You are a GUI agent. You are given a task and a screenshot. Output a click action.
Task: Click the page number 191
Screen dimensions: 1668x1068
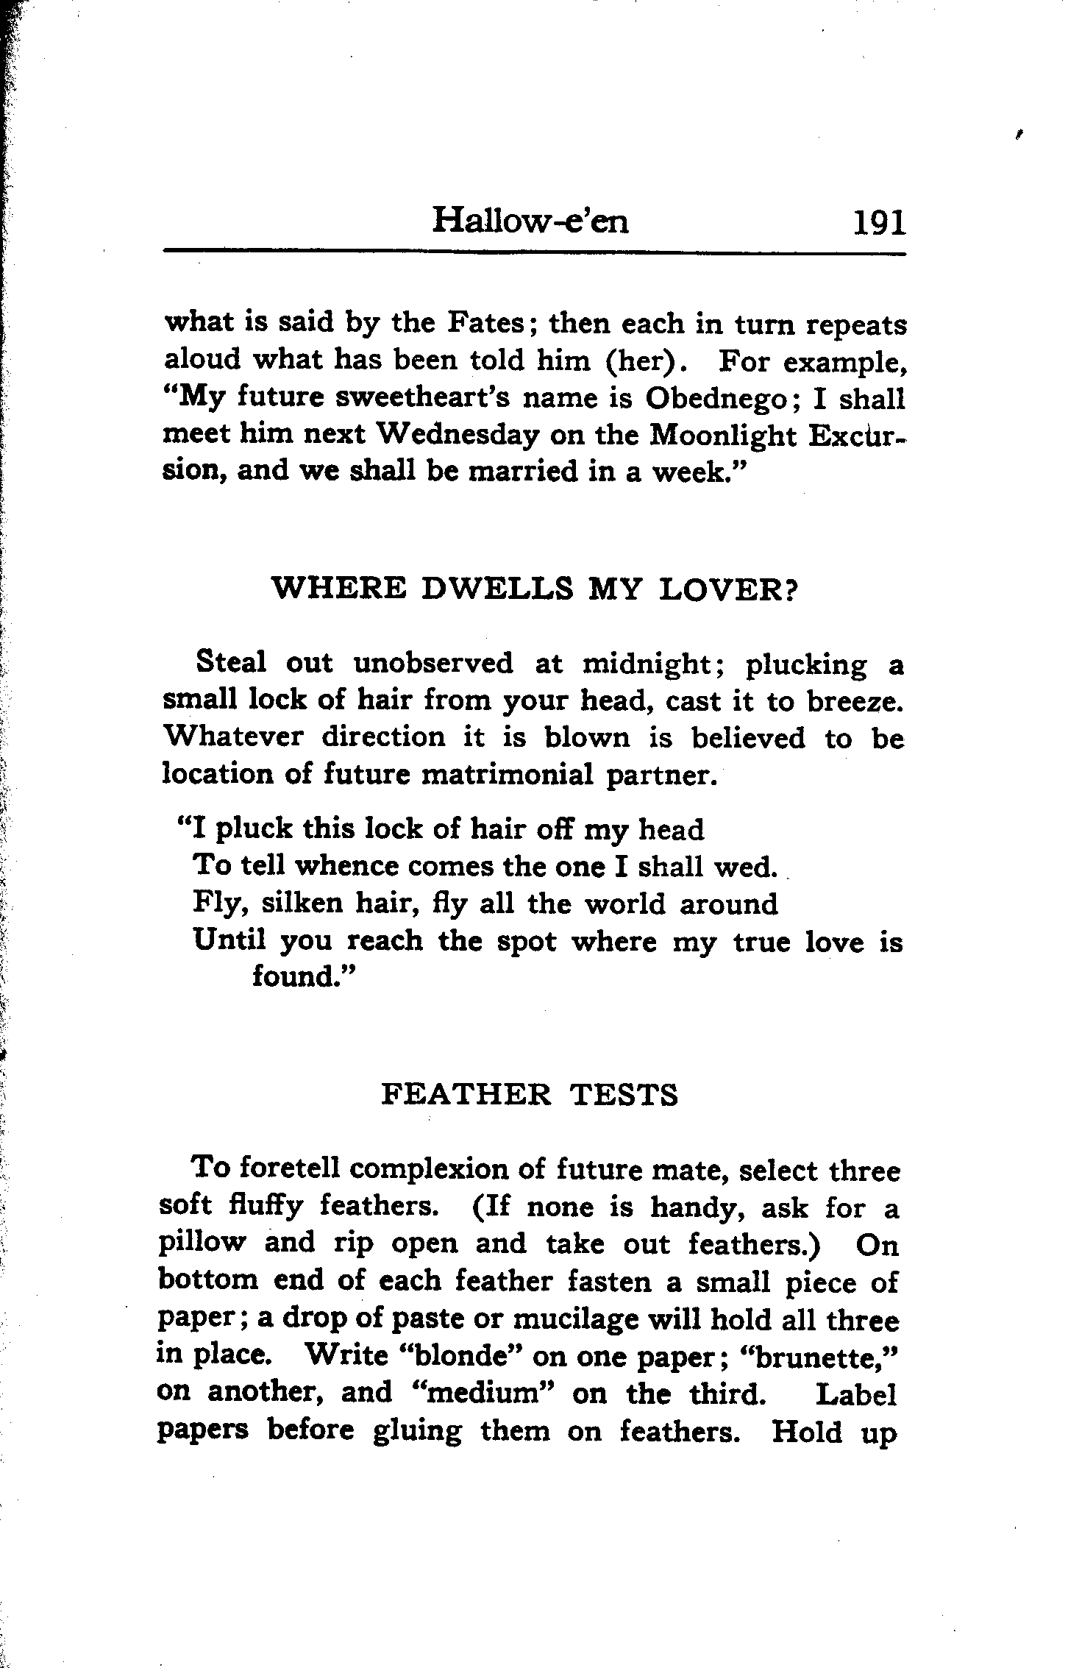878,222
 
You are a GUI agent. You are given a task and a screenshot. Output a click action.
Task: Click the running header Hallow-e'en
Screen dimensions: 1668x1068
530,220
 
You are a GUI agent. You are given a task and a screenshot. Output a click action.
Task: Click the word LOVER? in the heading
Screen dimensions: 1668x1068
729,589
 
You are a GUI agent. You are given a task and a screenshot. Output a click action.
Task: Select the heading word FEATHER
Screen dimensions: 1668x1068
466,1095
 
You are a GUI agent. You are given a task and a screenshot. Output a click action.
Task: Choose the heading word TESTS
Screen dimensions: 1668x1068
624,1095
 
